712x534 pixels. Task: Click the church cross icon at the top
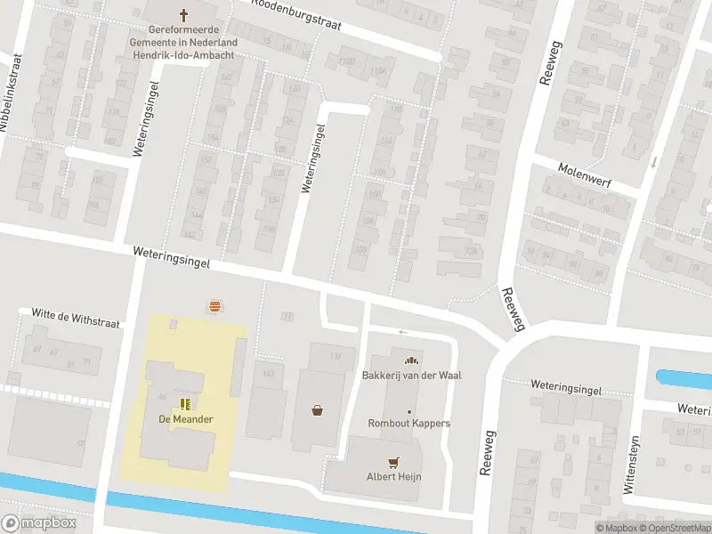pyautogui.click(x=184, y=14)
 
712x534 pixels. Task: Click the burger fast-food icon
pyautogui.click(x=214, y=306)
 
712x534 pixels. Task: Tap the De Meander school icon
pyautogui.click(x=186, y=403)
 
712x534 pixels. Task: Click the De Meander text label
pyautogui.click(x=186, y=419)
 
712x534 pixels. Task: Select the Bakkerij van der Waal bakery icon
pyautogui.click(x=410, y=360)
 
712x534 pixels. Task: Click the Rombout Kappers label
pyautogui.click(x=409, y=423)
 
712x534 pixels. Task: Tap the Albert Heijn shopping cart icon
pyautogui.click(x=393, y=462)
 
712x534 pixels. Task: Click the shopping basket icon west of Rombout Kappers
pyautogui.click(x=317, y=410)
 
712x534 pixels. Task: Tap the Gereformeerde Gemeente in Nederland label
pyautogui.click(x=185, y=41)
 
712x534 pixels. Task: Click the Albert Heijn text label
pyautogui.click(x=393, y=477)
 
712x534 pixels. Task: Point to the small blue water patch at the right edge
pyautogui.click(x=684, y=378)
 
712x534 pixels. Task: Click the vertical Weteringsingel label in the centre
pyautogui.click(x=313, y=158)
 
